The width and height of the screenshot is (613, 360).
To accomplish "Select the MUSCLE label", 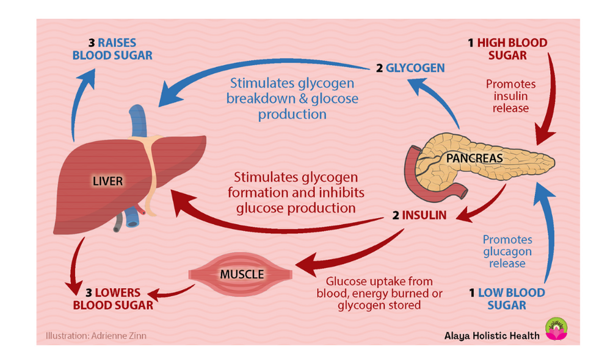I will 242,274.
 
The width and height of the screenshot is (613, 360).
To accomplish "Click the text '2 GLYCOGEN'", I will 410,68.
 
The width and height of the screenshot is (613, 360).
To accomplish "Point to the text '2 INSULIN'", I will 419,215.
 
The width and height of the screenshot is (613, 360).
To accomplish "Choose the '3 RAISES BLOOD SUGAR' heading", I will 112,49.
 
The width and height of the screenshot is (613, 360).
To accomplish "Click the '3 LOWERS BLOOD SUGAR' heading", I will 113,299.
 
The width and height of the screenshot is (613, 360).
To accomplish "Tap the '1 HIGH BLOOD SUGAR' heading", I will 507,49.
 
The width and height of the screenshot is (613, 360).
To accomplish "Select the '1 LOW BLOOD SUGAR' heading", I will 506,299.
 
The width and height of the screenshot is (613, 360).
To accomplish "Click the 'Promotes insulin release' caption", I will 507,96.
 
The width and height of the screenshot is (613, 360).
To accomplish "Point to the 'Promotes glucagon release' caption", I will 507,251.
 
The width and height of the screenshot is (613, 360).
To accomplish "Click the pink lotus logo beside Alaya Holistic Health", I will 556,329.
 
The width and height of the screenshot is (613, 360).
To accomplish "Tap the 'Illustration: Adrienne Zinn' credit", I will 96,335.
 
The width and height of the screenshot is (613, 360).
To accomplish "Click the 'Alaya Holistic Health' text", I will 491,335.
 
